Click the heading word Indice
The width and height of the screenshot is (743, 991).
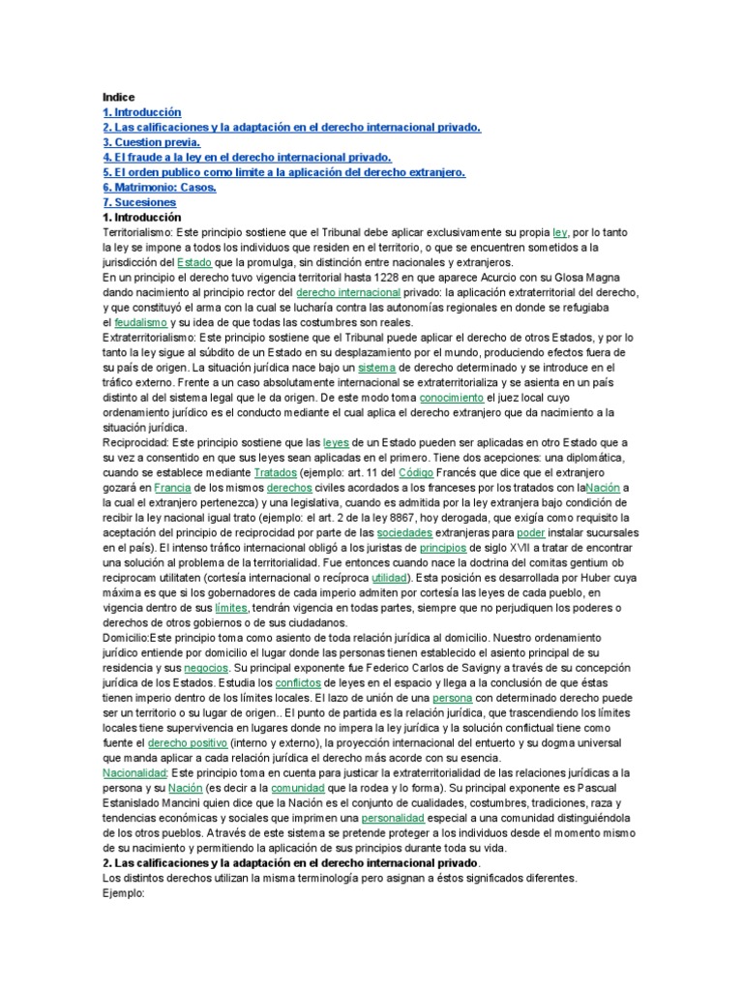119,98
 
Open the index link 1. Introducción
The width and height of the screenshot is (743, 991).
142,113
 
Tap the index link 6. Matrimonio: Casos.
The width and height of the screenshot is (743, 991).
160,188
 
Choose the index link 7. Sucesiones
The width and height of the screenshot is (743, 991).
139,203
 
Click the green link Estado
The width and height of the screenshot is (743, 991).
195,263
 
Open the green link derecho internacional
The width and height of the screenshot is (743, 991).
347,292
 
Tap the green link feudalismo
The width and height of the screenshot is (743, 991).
141,322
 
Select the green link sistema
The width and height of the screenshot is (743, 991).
376,368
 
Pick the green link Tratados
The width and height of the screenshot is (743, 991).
276,472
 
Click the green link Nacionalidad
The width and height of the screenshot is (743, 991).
134,772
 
